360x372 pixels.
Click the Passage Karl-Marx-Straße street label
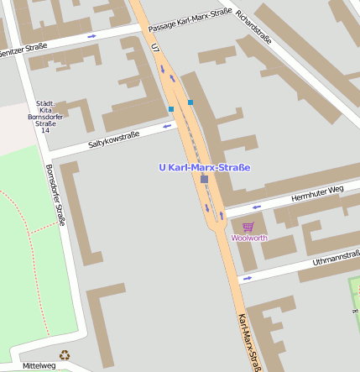pos(190,21)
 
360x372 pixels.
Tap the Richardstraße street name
pos(253,26)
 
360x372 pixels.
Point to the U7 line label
pos(155,49)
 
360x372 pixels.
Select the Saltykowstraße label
pos(113,140)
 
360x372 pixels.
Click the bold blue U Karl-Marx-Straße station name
pos(205,168)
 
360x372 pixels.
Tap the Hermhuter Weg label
pos(317,194)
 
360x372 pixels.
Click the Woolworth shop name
pos(248,238)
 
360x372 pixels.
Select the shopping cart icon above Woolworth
pos(248,227)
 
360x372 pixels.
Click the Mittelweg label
pos(39,365)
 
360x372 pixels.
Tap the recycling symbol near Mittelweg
pos(65,355)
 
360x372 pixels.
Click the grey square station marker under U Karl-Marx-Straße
pos(204,179)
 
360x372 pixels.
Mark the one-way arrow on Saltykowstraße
pos(167,126)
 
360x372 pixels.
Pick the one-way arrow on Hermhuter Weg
pos(257,207)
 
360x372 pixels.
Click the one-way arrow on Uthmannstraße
pos(247,277)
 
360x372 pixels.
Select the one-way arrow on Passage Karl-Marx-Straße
pos(91,36)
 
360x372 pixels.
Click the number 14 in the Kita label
pos(45,131)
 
